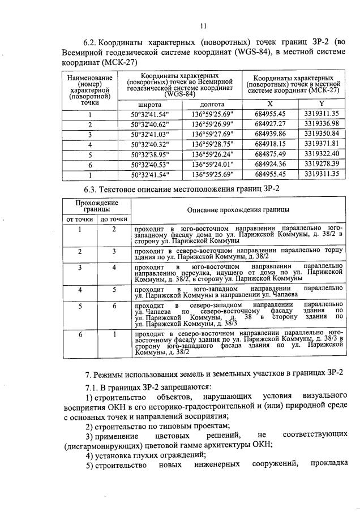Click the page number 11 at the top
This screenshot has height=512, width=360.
204,25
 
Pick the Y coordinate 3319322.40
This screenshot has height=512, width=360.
321,153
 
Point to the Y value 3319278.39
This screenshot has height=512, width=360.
321,164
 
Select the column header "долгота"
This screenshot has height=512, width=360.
212,105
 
